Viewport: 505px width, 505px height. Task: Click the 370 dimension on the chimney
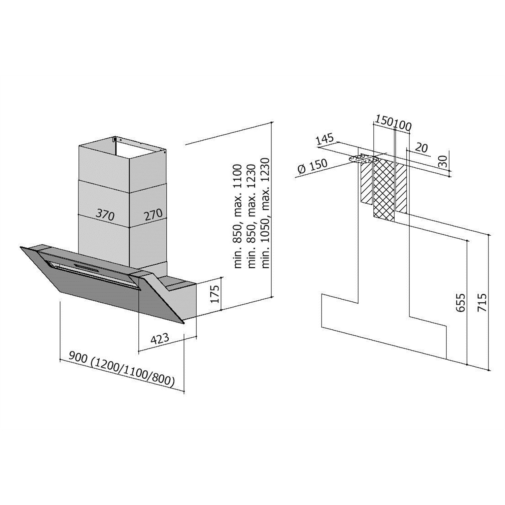105,214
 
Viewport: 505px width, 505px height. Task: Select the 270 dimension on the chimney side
153,214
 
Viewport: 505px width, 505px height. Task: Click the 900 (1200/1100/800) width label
122,369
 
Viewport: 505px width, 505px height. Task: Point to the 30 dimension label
443,161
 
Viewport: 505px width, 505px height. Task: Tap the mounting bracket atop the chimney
115,139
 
